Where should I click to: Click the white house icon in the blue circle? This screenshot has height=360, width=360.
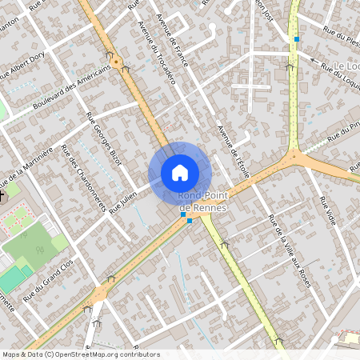[180, 172]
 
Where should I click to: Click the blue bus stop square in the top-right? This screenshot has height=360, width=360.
[297, 38]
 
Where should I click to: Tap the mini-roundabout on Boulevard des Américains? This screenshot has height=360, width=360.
[117, 61]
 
